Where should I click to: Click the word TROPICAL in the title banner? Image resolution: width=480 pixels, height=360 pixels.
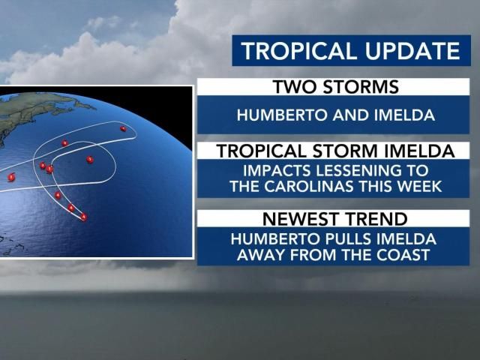coord(298,50)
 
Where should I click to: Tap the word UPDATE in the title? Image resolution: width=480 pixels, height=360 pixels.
coord(412,50)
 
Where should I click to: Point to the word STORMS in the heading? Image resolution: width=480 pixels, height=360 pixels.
coord(361,87)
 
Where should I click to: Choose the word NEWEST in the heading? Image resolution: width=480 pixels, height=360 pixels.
coord(301,218)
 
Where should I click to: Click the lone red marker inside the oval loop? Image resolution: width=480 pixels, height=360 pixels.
coord(90,160)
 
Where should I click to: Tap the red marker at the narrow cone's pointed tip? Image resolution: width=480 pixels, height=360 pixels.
coord(83,217)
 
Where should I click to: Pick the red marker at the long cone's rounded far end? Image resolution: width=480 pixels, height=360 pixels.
coord(123,129)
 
